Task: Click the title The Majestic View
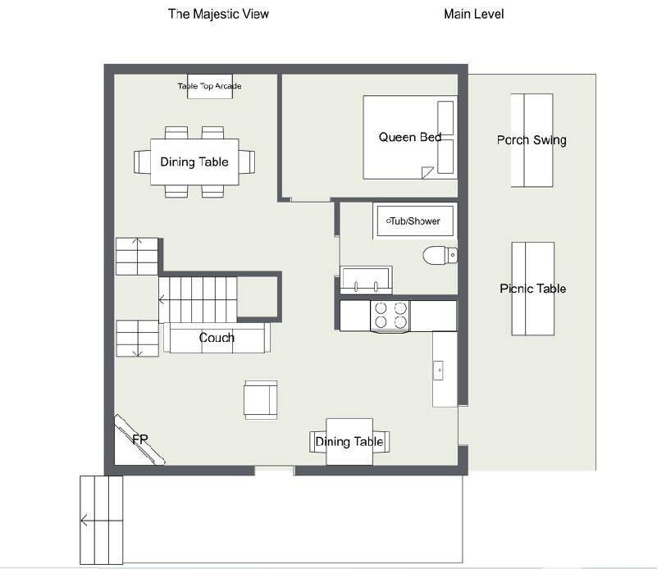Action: click(x=218, y=14)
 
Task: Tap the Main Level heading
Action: click(x=473, y=14)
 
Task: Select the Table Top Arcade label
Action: click(x=209, y=86)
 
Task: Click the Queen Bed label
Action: click(x=410, y=137)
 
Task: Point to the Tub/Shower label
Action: click(x=413, y=221)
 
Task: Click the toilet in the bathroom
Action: click(x=440, y=255)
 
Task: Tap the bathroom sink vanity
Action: click(x=366, y=280)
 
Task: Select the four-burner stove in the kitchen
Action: click(x=390, y=316)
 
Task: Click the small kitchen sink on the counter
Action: click(x=438, y=371)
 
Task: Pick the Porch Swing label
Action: click(x=532, y=140)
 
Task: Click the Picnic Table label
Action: click(x=533, y=289)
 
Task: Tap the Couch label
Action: click(x=217, y=338)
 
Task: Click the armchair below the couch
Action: click(x=261, y=400)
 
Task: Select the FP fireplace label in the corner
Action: click(x=140, y=439)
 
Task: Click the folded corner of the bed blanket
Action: click(x=427, y=172)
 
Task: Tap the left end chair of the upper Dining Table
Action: click(x=142, y=162)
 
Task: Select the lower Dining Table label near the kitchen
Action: click(x=349, y=442)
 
